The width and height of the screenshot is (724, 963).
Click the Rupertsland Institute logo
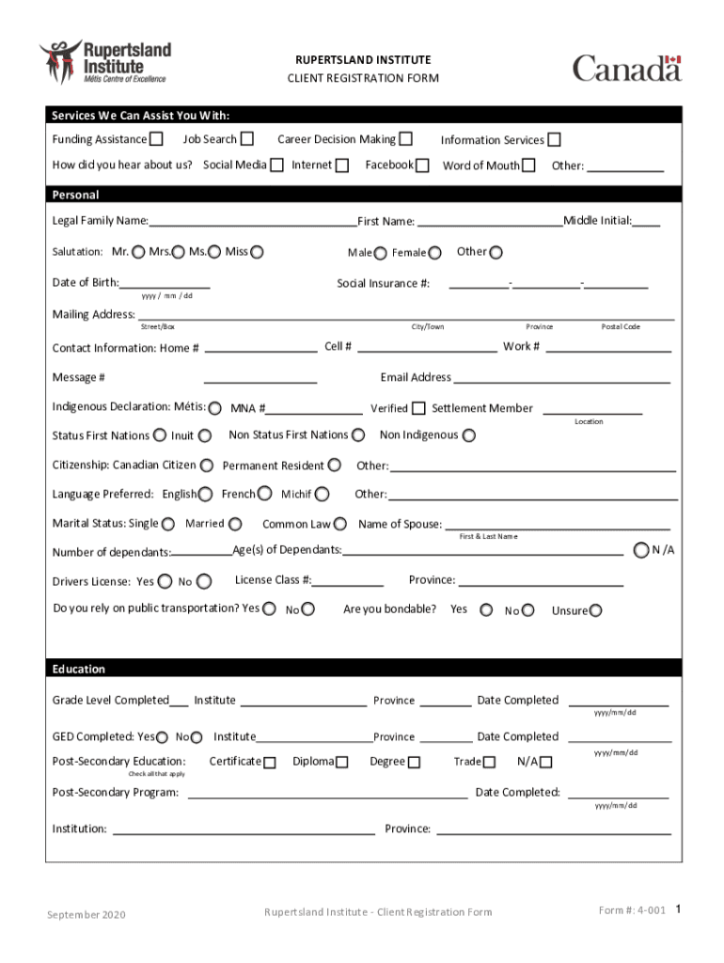click(x=104, y=61)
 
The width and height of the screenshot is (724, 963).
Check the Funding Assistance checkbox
click(x=156, y=139)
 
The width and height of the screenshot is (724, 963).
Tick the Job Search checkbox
click(x=246, y=139)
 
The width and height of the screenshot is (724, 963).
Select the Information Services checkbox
click(x=555, y=140)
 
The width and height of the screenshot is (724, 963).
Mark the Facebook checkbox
click(x=422, y=166)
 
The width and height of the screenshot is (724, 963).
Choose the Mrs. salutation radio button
click(x=179, y=252)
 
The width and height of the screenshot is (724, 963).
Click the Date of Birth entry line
click(x=165, y=284)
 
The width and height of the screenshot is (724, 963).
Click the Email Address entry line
click(x=561, y=379)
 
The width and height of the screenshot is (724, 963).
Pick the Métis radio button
click(x=215, y=409)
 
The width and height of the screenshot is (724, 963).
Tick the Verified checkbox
click(x=418, y=408)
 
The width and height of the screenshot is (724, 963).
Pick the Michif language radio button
click(x=323, y=494)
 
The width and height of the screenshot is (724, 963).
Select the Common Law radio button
click(x=340, y=524)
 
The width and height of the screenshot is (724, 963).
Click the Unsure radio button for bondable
click(x=595, y=610)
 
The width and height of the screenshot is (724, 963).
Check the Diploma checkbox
click(x=341, y=762)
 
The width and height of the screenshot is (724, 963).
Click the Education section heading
click(x=79, y=669)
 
